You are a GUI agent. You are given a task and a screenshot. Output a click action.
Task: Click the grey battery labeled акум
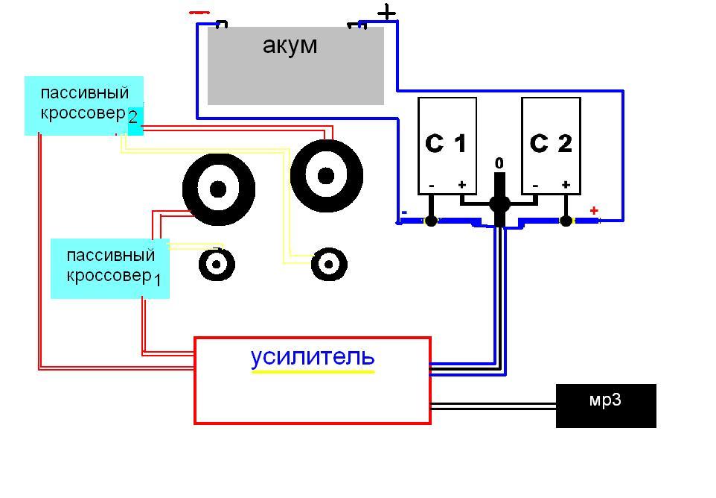[x=295, y=66]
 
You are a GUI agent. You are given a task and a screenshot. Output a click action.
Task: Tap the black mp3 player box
[x=606, y=406]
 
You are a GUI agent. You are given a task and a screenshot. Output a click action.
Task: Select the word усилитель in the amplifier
[x=313, y=356]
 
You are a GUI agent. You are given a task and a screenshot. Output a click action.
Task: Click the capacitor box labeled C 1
[x=447, y=145]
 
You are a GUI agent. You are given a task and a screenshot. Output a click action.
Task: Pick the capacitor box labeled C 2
[x=552, y=145]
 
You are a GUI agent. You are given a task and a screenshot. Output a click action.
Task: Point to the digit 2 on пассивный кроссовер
[x=132, y=117]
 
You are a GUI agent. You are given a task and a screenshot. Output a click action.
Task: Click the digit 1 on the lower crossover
[x=157, y=279]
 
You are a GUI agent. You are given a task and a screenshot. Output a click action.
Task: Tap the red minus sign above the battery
[x=199, y=13]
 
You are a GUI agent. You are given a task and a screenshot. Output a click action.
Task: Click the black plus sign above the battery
[x=386, y=13]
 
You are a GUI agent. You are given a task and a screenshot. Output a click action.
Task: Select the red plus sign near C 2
[x=594, y=211]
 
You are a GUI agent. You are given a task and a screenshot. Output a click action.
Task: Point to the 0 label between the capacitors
[x=499, y=163]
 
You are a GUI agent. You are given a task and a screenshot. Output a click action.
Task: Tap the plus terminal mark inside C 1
[x=462, y=185]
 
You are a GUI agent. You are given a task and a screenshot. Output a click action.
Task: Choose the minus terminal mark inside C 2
[x=535, y=186]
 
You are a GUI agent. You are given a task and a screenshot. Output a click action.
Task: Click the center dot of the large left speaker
[x=218, y=189]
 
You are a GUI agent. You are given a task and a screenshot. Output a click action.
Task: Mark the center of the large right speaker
[x=326, y=176]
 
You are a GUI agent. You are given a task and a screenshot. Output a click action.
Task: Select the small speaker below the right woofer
[x=329, y=264]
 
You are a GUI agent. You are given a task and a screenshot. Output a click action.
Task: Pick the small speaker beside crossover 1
[x=217, y=264]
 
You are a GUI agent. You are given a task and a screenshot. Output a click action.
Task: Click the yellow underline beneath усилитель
[x=313, y=372]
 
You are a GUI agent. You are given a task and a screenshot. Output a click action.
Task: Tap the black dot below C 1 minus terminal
[x=431, y=221]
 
